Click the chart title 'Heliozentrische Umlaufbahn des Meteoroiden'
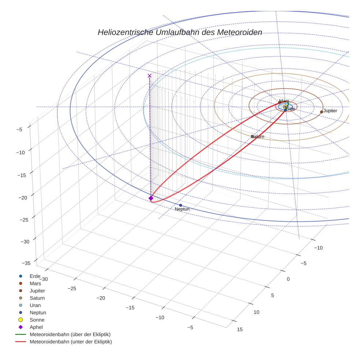180,32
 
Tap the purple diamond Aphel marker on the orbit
151,198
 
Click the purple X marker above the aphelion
149,76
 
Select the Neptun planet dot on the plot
180,205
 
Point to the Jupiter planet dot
322,112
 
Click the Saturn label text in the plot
258,136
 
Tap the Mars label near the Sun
284,101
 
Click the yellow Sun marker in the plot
285,107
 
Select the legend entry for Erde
35,276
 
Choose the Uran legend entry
35,305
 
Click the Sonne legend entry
37,320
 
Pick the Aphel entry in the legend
36,327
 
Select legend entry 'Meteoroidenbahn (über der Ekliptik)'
70,334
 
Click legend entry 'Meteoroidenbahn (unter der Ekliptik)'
71,342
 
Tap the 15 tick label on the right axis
240,329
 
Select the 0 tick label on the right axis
288,279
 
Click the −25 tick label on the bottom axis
72,288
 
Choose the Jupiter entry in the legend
37,290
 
